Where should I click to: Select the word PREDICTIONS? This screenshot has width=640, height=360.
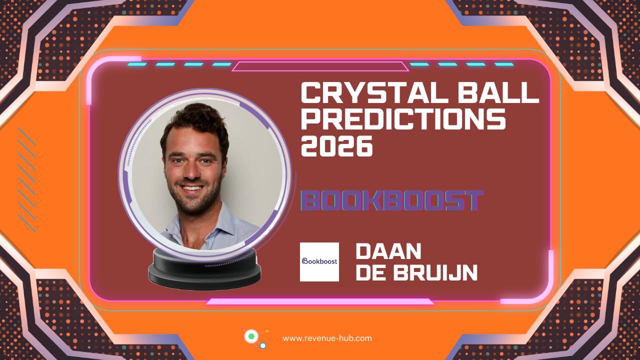tap(403, 120)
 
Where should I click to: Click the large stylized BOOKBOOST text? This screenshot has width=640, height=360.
tap(392, 200)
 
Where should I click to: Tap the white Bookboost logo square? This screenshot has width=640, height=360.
tap(319, 261)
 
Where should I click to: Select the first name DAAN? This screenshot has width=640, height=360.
tap(388, 251)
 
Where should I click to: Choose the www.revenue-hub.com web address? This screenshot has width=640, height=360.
tap(327, 338)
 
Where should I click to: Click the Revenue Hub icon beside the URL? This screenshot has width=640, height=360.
tap(254, 337)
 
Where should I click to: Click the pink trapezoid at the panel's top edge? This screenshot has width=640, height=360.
tap(320, 66)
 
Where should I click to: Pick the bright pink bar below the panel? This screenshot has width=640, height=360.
tap(320, 301)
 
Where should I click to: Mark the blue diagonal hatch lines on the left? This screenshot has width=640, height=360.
tap(26, 180)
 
